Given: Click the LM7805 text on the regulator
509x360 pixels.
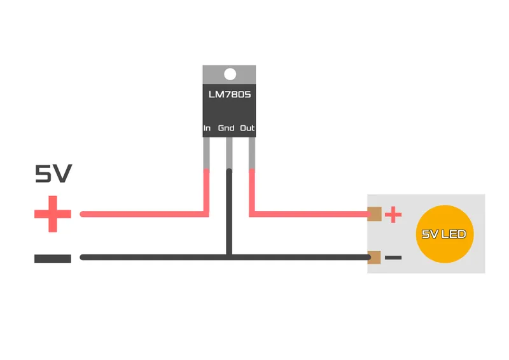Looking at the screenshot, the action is point(230,95).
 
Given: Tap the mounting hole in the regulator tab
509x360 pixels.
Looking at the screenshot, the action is point(230,74).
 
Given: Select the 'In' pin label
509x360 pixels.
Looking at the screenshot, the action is point(207,128).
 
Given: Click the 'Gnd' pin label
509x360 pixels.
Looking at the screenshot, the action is point(226,128).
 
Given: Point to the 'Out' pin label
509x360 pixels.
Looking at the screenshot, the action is point(247,128).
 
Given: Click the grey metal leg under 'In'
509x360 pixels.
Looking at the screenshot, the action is point(206,153).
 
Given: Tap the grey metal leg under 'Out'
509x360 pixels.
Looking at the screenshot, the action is point(251,153).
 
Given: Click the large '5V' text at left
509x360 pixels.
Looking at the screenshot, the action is point(53,174).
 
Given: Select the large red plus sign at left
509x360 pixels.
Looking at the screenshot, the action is point(53,214).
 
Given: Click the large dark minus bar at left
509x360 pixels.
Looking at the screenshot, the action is point(53,258).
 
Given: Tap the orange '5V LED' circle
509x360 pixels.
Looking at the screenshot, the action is point(444,233).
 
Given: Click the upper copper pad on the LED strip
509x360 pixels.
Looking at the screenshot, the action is point(374,214).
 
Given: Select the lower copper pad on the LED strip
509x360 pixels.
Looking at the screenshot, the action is point(374,258).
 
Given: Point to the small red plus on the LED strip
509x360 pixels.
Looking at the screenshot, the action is point(393,214).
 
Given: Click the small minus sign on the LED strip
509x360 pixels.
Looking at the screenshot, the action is point(393,258).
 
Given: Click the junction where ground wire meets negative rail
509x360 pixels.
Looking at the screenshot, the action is point(229,258).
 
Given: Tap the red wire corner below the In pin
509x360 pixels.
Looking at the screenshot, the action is point(206,214).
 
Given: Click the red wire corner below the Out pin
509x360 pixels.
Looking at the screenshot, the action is point(251,214).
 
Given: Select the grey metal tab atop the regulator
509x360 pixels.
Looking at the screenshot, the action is point(229,74).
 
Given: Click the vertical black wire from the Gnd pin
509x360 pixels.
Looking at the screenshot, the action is point(229,212).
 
